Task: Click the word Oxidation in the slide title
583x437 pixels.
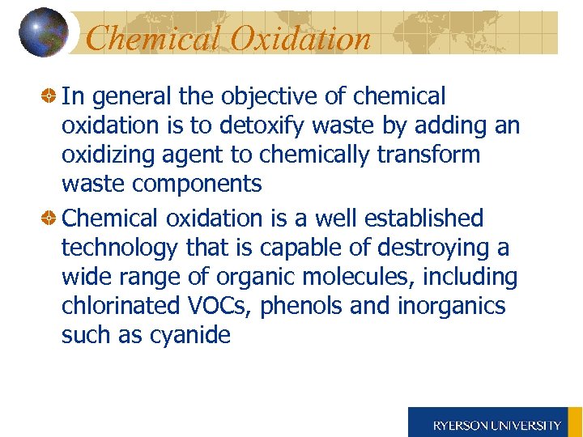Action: pos(302,38)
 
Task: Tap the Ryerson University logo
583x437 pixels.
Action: pos(496,424)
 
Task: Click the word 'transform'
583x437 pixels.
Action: pos(429,155)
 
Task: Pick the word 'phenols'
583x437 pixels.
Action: pos(303,306)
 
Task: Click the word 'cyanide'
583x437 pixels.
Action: pos(190,335)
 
